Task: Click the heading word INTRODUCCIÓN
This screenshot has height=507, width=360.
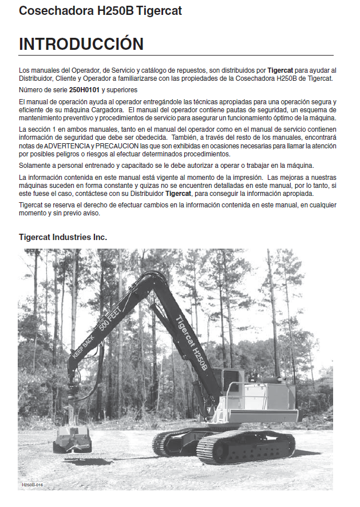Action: click(x=81, y=44)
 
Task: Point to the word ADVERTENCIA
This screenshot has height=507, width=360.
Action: click(x=62, y=146)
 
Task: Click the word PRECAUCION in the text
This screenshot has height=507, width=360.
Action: click(x=117, y=146)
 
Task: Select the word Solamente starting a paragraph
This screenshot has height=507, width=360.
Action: click(x=36, y=166)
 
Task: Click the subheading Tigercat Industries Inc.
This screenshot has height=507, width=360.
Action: click(x=63, y=237)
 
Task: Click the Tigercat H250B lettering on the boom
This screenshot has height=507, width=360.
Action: click(x=191, y=343)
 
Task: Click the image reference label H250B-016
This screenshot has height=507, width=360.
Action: click(x=33, y=485)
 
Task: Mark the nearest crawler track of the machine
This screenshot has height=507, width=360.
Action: click(x=246, y=447)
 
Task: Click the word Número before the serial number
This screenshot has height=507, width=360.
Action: click(x=31, y=91)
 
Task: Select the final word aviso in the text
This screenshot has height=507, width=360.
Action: click(x=90, y=213)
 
